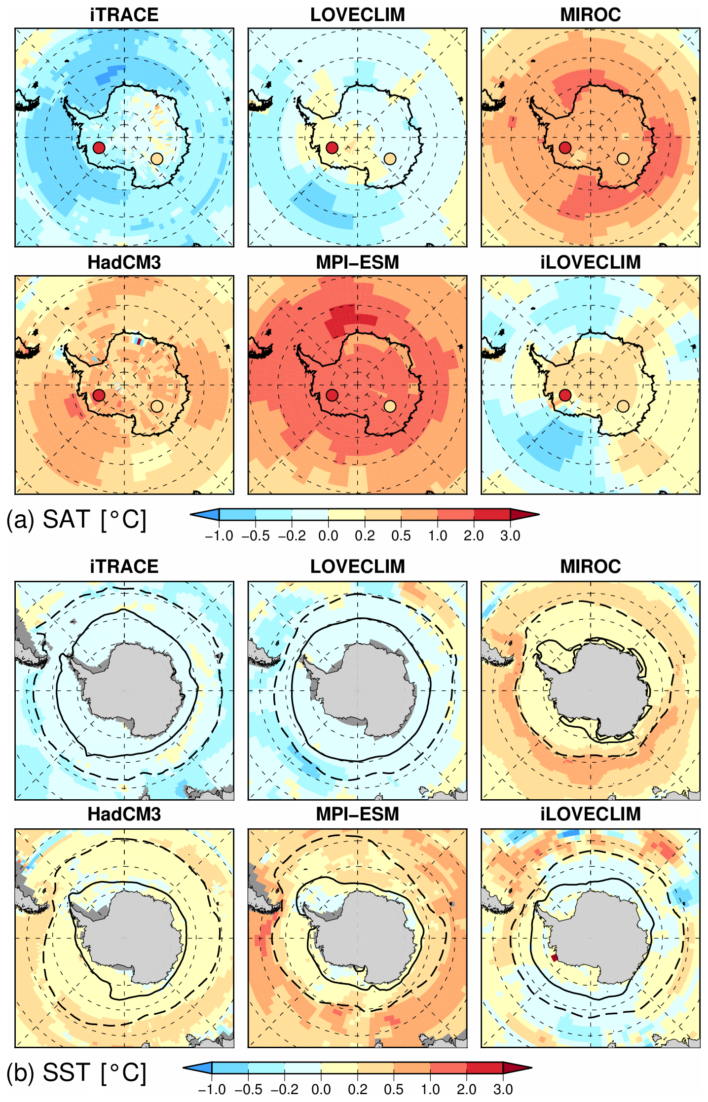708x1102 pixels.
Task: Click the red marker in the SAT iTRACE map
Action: (99, 147)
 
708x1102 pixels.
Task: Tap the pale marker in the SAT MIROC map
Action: (623, 159)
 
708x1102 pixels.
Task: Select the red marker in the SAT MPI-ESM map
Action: (332, 395)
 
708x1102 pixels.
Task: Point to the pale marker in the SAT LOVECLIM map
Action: (390, 159)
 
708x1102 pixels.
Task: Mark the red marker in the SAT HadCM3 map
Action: (99, 395)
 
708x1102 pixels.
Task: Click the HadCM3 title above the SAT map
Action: (124, 262)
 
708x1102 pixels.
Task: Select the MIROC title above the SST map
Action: (591, 567)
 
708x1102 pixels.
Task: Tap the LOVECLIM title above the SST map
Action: (358, 567)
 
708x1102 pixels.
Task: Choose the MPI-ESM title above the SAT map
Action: (358, 262)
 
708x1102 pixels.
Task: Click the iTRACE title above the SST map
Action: (124, 567)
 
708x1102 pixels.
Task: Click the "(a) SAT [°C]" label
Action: (76, 520)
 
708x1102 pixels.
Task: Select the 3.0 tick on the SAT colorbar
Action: (510, 536)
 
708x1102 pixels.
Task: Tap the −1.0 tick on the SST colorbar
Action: (212, 1089)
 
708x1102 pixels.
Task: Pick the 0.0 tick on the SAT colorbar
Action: (328, 536)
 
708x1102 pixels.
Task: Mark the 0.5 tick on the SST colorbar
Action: (394, 1089)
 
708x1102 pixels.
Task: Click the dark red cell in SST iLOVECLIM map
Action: (555, 958)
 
